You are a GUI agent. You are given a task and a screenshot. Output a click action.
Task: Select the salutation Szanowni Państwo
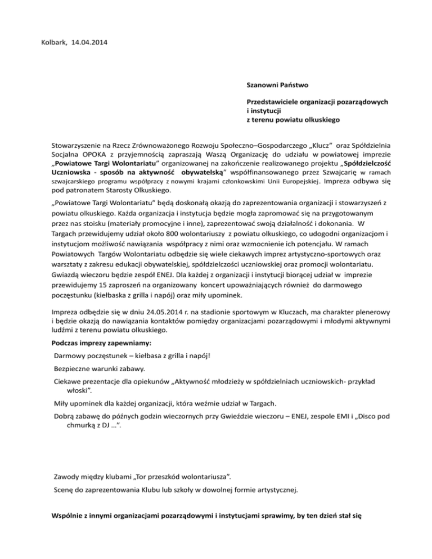point(277,86)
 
